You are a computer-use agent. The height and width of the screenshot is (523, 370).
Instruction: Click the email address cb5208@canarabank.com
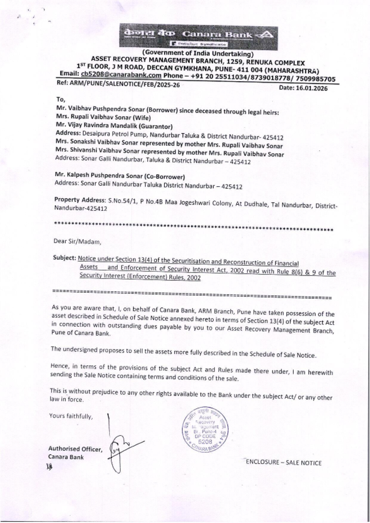click(121, 75)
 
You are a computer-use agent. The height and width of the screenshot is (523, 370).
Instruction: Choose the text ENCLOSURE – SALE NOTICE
click(283, 463)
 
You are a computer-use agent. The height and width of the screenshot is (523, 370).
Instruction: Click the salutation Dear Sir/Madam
click(77, 242)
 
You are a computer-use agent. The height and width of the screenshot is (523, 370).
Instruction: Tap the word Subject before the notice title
click(64, 258)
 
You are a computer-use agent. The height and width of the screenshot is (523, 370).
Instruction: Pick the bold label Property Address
click(80, 200)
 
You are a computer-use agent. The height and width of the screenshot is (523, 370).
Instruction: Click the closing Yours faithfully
click(71, 416)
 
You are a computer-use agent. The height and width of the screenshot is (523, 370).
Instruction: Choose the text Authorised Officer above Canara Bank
click(75, 449)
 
